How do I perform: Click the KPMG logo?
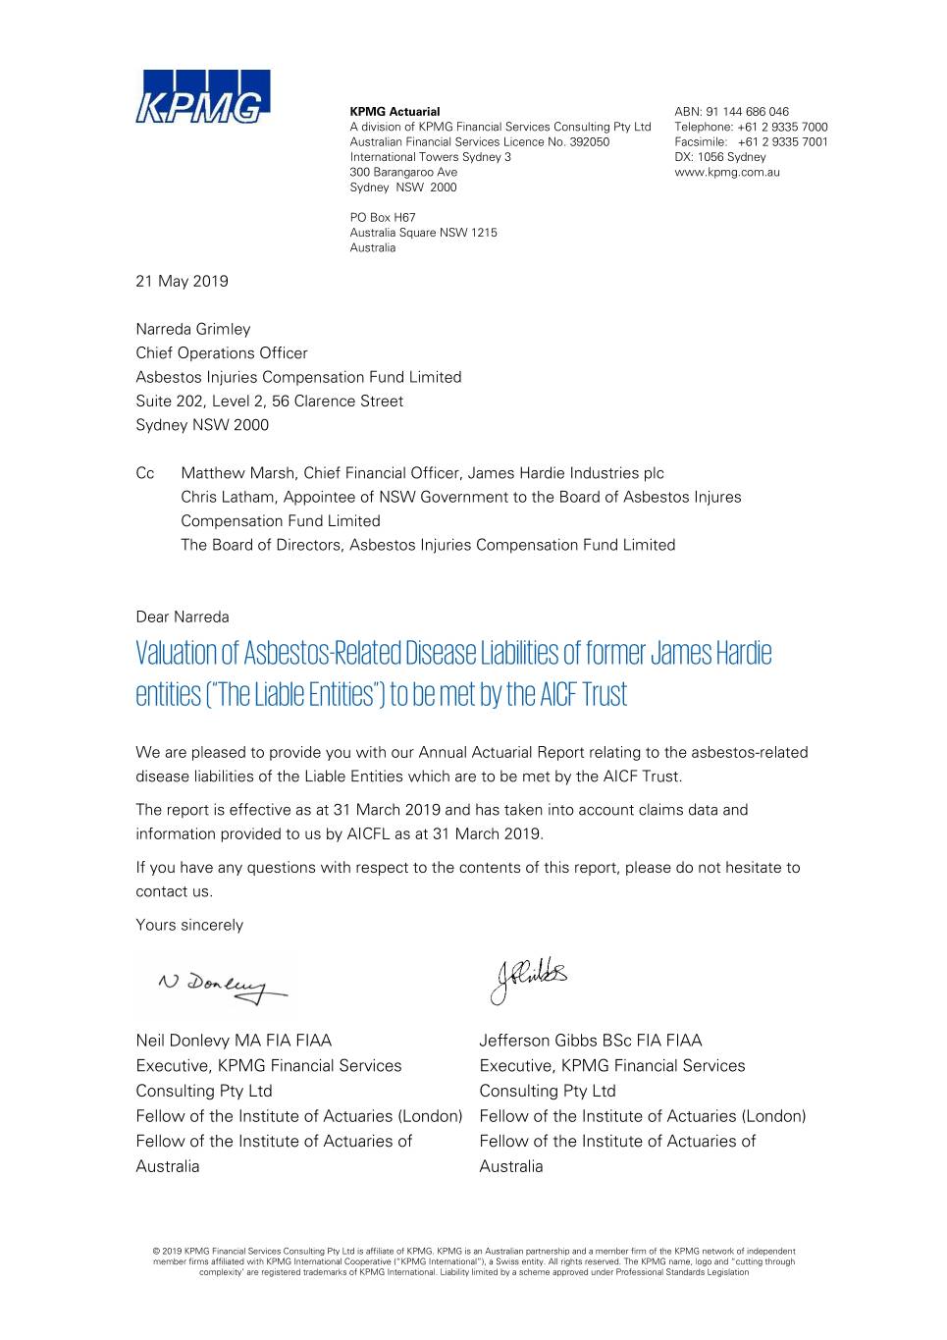[x=202, y=96]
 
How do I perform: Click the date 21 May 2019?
[x=182, y=281]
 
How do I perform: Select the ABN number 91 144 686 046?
[x=747, y=112]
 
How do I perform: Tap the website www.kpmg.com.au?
[x=727, y=172]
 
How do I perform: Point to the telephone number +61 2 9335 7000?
[x=782, y=127]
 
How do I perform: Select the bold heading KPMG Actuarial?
[x=395, y=112]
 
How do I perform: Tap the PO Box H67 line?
[x=383, y=217]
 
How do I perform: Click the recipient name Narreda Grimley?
[x=193, y=329]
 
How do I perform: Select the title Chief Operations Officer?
[x=222, y=352]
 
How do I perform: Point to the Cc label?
[x=145, y=473]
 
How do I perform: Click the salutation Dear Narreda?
[x=183, y=616]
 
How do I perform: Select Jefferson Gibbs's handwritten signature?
[x=528, y=979]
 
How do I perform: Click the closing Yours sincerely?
[x=189, y=925]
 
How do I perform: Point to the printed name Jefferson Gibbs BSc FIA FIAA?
[x=591, y=1041]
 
